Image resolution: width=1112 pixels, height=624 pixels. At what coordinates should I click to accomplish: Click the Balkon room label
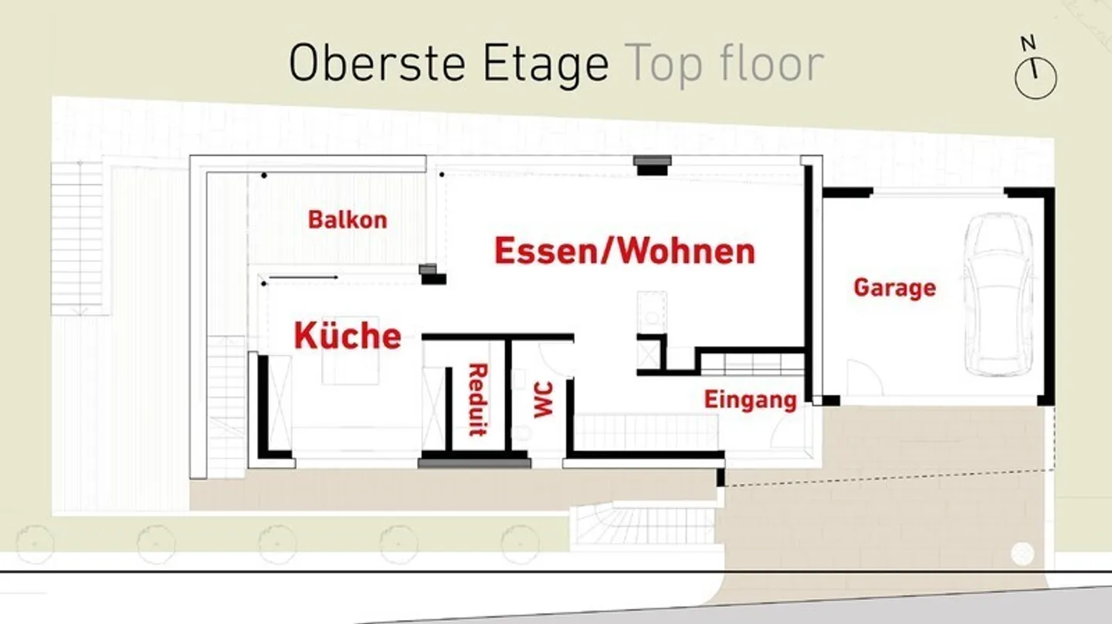click(x=347, y=220)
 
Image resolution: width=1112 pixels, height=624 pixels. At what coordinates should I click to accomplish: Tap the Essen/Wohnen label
click(x=625, y=251)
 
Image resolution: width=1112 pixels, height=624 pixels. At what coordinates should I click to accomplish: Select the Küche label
click(x=347, y=336)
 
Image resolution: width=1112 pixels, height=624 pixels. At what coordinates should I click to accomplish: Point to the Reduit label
click(x=478, y=399)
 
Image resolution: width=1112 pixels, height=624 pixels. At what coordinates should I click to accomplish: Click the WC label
click(x=543, y=399)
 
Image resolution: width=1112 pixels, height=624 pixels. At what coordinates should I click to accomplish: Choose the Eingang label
click(x=751, y=400)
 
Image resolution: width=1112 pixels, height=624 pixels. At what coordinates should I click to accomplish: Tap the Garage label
click(x=895, y=288)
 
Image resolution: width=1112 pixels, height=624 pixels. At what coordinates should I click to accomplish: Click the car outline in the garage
click(x=999, y=293)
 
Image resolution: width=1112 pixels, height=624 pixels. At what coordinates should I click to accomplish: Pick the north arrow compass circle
click(x=1036, y=79)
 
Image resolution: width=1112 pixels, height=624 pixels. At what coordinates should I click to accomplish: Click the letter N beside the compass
click(x=1028, y=43)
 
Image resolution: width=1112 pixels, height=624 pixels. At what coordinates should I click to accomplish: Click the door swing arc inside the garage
click(x=864, y=378)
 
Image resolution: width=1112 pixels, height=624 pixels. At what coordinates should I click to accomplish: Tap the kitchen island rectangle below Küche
click(x=351, y=350)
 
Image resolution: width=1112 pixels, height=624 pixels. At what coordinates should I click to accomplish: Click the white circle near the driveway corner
click(x=1022, y=554)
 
